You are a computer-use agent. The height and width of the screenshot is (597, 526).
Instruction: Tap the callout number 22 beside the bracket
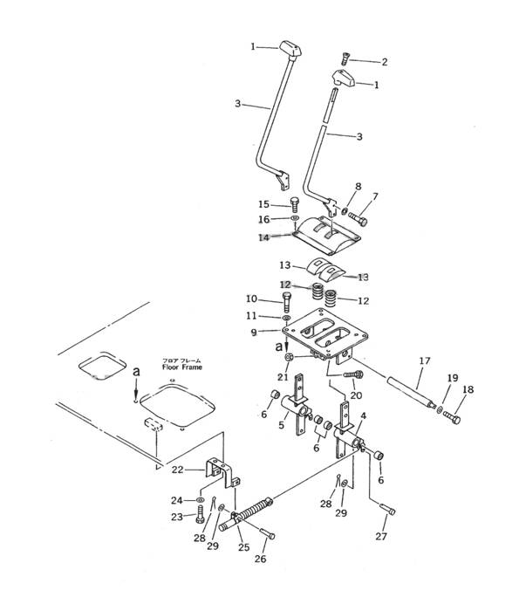click(177, 470)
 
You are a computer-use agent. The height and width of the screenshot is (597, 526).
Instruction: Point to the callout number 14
click(263, 237)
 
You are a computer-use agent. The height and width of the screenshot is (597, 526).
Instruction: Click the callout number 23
click(177, 518)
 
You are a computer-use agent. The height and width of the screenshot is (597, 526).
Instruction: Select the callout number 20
click(355, 395)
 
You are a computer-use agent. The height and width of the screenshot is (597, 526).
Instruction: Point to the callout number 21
click(282, 377)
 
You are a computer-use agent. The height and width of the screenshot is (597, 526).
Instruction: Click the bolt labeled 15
click(295, 205)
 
